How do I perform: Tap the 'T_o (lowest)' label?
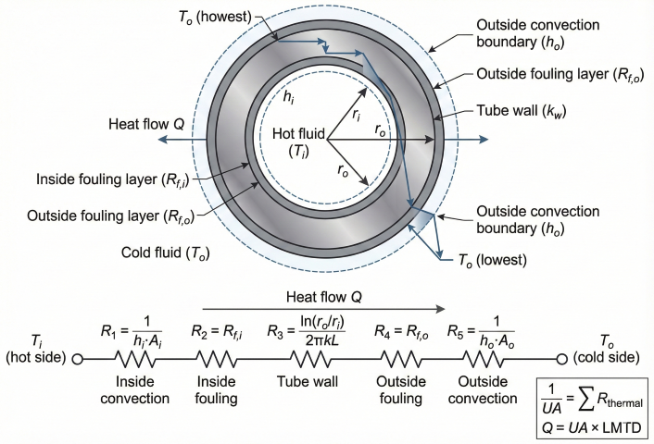click(x=484, y=261)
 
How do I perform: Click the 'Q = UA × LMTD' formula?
click(x=594, y=427)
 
